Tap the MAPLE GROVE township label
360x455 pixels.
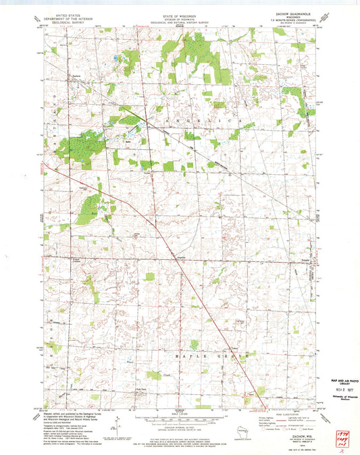click(x=209, y=353)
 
